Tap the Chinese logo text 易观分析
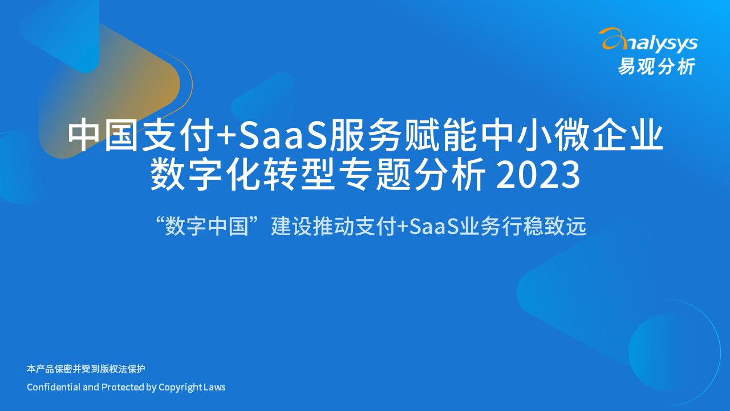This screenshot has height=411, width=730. pos(656,67)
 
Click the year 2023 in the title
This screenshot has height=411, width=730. pos(538,175)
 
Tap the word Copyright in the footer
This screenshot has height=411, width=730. pos(180,387)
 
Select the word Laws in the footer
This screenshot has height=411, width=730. pos(215,387)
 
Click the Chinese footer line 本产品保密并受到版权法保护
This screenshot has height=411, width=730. pos(86,369)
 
